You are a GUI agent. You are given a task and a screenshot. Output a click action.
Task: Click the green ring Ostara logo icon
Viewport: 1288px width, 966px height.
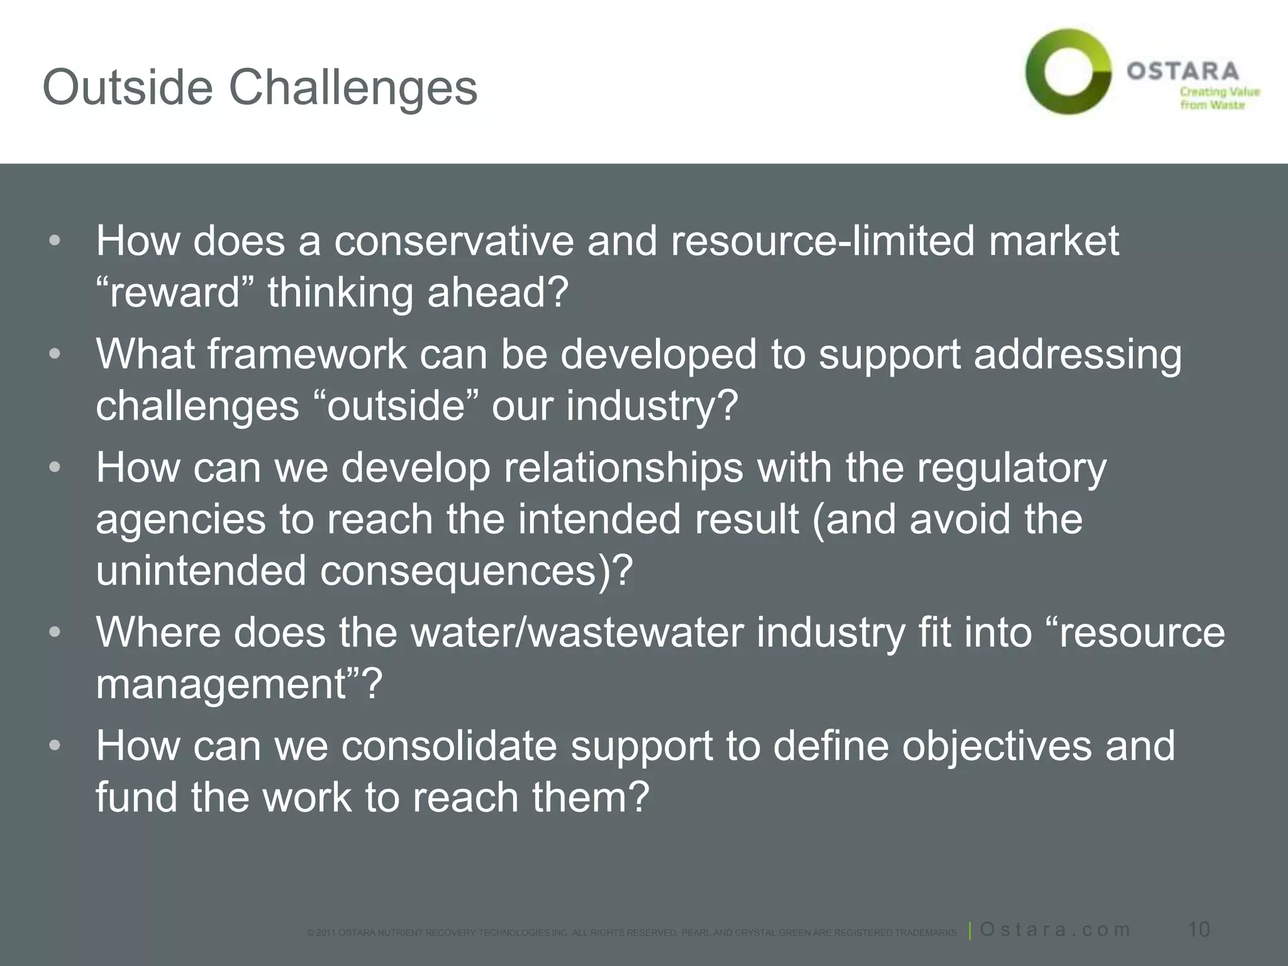pyautogui.click(x=1068, y=71)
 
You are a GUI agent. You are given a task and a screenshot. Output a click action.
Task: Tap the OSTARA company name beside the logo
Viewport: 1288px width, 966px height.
pyautogui.click(x=1182, y=71)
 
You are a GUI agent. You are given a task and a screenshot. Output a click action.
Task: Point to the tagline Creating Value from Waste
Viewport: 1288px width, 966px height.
pyautogui.click(x=1219, y=98)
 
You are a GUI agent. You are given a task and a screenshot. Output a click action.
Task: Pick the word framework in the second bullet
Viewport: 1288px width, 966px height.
pyautogui.click(x=308, y=354)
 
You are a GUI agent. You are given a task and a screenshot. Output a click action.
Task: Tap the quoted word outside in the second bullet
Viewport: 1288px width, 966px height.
pyautogui.click(x=396, y=406)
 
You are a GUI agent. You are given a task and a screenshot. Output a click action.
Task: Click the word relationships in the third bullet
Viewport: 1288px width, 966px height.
pyautogui.click(x=623, y=468)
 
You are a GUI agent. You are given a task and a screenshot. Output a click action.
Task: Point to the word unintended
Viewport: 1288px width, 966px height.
pyautogui.click(x=201, y=570)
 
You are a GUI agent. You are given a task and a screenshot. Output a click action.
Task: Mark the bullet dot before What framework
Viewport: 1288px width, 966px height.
pyautogui.click(x=55, y=354)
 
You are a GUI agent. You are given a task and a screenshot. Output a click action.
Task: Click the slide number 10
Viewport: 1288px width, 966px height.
pyautogui.click(x=1199, y=930)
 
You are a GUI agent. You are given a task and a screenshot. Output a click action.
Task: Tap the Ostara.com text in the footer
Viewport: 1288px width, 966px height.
pyautogui.click(x=1055, y=930)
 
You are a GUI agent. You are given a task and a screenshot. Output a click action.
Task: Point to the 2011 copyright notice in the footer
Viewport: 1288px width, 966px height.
pyautogui.click(x=632, y=933)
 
